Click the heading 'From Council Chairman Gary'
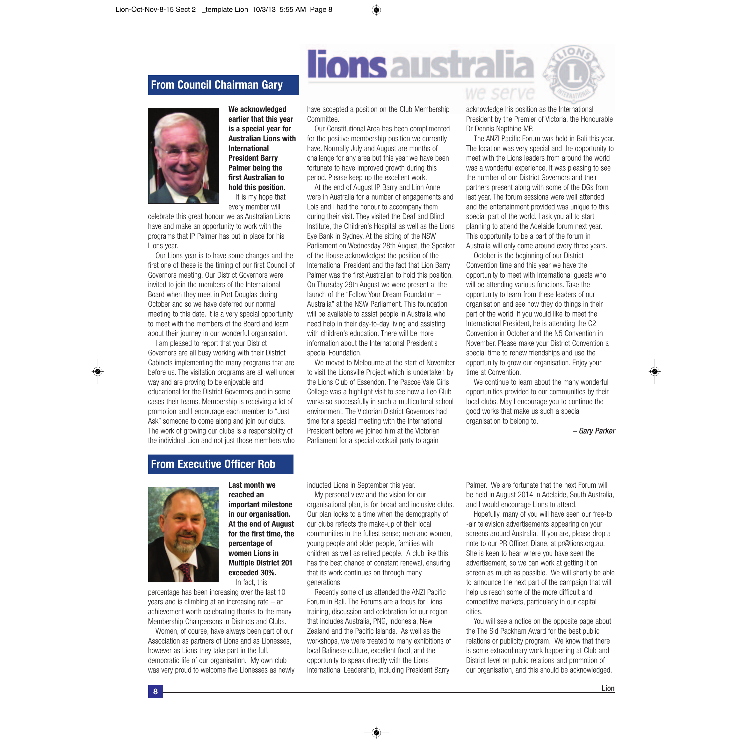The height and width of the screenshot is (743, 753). [217, 85]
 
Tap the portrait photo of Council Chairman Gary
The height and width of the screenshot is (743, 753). [183, 156]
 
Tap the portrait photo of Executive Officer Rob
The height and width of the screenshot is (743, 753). [183, 535]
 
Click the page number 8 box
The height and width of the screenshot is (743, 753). [155, 691]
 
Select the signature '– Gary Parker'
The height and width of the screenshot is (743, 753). [594, 431]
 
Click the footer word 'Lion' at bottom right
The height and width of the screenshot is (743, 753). [608, 688]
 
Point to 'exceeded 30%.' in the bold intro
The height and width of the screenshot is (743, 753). [252, 573]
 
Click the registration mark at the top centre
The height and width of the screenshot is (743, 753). [376, 10]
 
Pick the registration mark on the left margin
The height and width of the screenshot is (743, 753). [98, 372]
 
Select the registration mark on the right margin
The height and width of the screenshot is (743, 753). [655, 372]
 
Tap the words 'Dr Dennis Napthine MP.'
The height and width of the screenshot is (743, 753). [499, 129]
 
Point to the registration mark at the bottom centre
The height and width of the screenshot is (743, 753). [376, 732]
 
